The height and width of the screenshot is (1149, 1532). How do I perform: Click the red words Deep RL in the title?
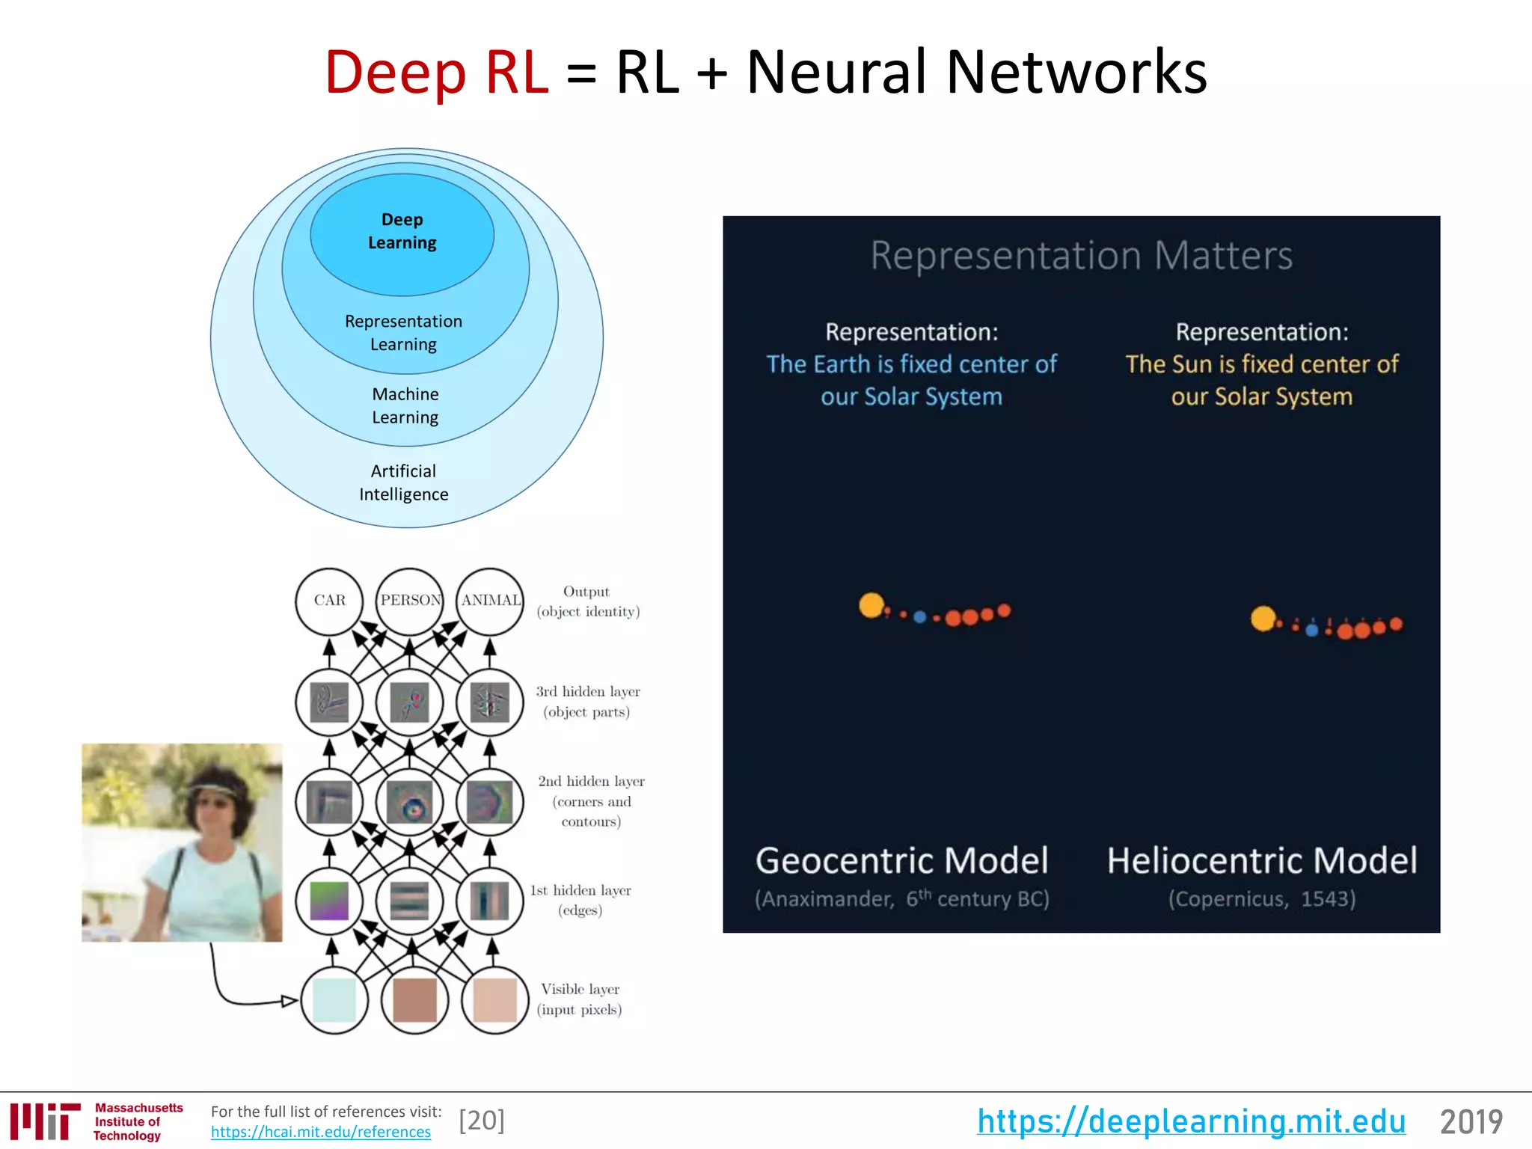pyautogui.click(x=436, y=73)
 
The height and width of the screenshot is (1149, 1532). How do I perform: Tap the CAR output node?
pyautogui.click(x=329, y=601)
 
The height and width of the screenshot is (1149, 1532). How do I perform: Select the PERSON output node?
pyautogui.click(x=410, y=601)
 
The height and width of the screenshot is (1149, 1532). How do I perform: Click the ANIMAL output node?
pyautogui.click(x=491, y=601)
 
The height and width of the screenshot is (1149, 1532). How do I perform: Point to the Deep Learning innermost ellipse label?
pyautogui.click(x=402, y=231)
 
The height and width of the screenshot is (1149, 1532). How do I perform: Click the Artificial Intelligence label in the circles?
pyautogui.click(x=404, y=482)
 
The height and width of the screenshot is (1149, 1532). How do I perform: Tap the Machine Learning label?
pyautogui.click(x=405, y=405)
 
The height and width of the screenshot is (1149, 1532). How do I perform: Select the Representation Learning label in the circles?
pyautogui.click(x=404, y=332)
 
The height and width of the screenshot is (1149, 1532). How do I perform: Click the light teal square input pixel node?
pyautogui.click(x=334, y=1000)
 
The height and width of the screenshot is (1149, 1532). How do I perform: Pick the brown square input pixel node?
pyautogui.click(x=414, y=1000)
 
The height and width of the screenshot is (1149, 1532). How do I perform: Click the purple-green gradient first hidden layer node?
pyautogui.click(x=329, y=901)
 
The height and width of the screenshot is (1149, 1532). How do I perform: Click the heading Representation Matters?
pyautogui.click(x=1081, y=256)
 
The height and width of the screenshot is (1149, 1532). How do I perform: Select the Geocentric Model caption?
pyautogui.click(x=901, y=861)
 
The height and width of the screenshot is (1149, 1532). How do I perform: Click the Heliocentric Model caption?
pyautogui.click(x=1262, y=861)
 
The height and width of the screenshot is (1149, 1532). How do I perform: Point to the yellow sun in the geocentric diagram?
pyautogui.click(x=871, y=605)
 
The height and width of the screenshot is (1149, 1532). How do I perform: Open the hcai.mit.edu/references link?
pyautogui.click(x=320, y=1132)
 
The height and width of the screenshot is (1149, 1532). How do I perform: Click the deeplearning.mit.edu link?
pyautogui.click(x=1191, y=1121)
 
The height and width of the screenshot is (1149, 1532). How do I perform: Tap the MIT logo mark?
pyautogui.click(x=45, y=1121)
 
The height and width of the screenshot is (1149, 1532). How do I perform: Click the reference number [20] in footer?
pyautogui.click(x=482, y=1121)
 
